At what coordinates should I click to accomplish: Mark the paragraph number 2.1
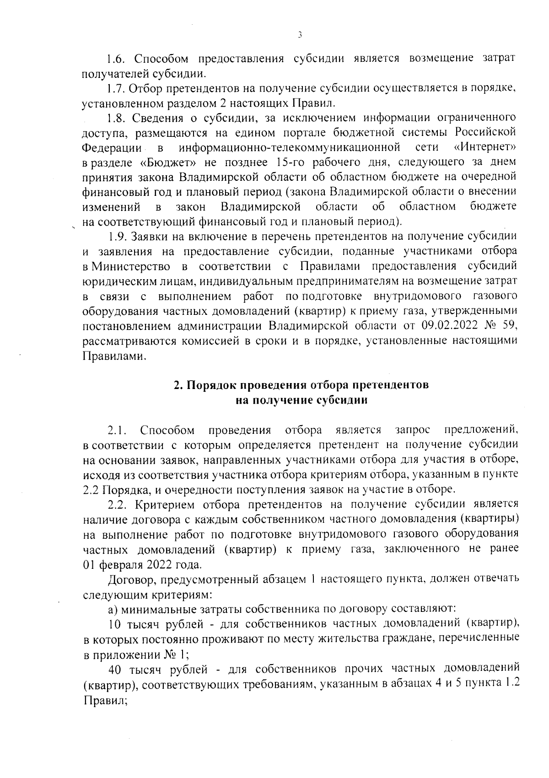117,430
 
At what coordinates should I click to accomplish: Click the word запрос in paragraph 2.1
412,430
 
